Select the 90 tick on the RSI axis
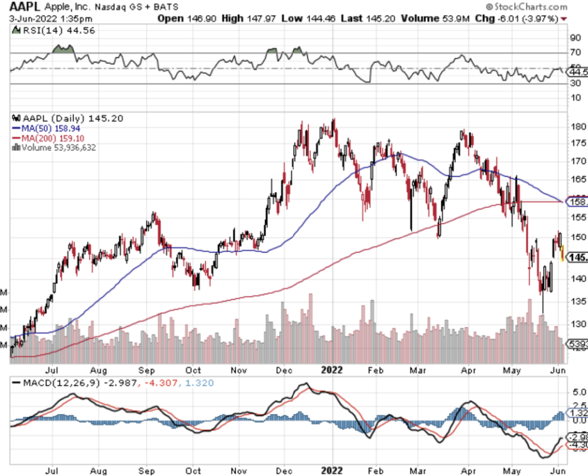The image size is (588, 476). (x=575, y=38)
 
